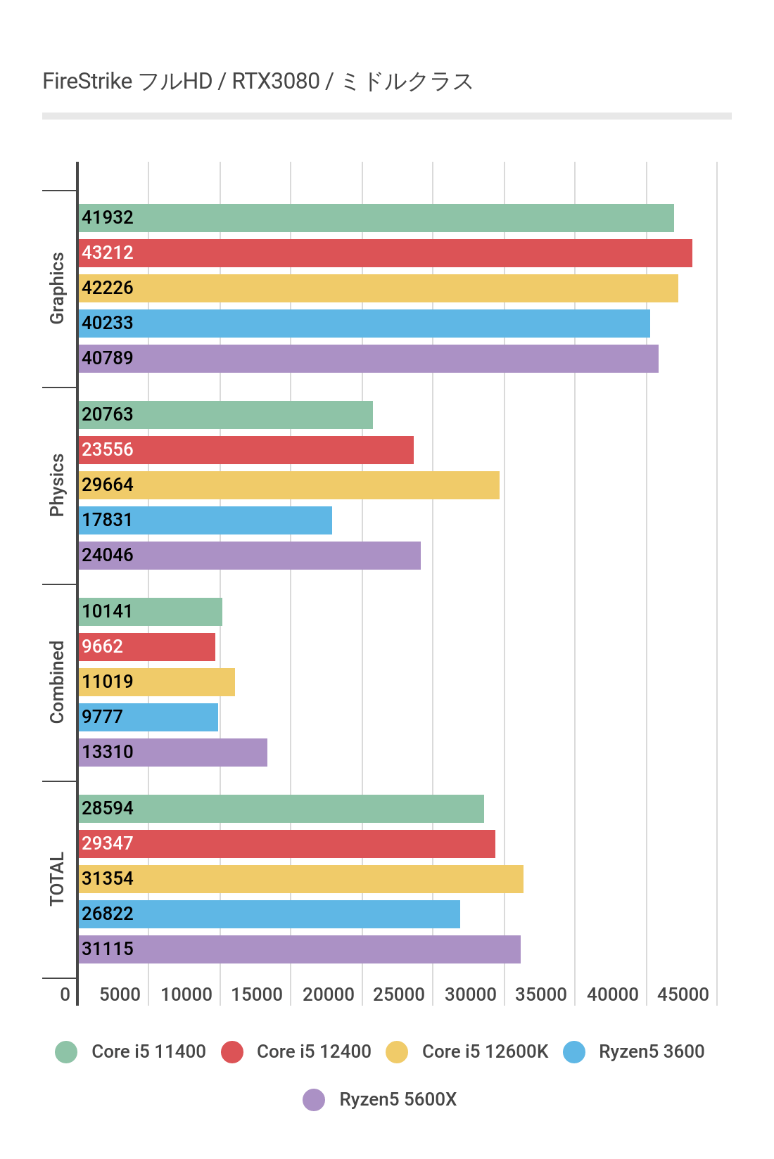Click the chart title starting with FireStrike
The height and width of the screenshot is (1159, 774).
pos(258,82)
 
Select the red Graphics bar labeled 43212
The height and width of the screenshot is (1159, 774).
pos(385,253)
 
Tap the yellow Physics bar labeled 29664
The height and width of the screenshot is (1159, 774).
pos(288,485)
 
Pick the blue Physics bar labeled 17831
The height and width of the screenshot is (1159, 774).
pos(205,520)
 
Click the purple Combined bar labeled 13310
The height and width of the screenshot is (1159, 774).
pos(172,753)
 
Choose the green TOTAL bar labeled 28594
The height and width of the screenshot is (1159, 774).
pos(281,809)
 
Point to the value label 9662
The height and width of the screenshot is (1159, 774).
pos(103,646)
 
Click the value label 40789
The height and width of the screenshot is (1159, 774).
pos(108,358)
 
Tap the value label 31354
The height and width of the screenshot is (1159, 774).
pos(108,878)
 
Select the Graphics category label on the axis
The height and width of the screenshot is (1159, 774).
pos(57,288)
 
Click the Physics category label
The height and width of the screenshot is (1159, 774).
pos(57,485)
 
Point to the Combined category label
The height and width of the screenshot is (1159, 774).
pos(57,682)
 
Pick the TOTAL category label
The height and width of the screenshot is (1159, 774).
pos(57,879)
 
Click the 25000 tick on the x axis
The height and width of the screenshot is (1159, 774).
pos(399,994)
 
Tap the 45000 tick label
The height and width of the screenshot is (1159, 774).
pos(683,994)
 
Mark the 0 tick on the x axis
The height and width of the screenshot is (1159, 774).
pos(65,994)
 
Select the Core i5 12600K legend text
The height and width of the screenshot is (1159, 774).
pos(485,1051)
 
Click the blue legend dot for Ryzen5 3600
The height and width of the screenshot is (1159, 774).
pos(574,1052)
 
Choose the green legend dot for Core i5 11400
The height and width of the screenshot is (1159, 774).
pos(66,1052)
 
